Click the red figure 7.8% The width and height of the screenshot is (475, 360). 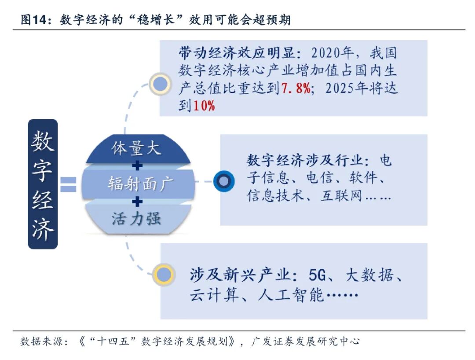pyautogui.click(x=296, y=88)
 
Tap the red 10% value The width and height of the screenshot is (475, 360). pyautogui.click(x=204, y=106)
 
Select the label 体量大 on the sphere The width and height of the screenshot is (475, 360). pyautogui.click(x=136, y=148)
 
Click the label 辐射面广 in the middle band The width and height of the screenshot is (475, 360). pyautogui.click(x=138, y=184)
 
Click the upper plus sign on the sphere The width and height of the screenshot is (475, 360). pyautogui.click(x=138, y=166)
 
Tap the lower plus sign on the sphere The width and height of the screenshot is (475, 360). pyautogui.click(x=138, y=202)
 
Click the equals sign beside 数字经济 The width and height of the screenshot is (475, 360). pyautogui.click(x=68, y=184)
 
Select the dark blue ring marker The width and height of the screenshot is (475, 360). pyautogui.click(x=224, y=181)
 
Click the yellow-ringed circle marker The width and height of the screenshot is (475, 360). pyautogui.click(x=164, y=275)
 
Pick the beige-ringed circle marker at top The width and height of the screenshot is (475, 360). pyautogui.click(x=160, y=84)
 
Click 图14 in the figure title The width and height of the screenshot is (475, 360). pyautogui.click(x=34, y=20)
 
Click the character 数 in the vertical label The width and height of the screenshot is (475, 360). pyautogui.click(x=43, y=141)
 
